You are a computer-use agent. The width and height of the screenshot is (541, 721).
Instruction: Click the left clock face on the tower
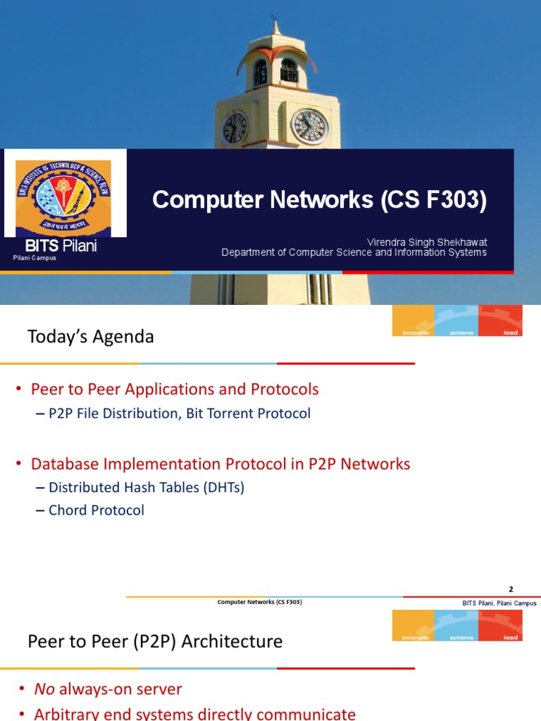pos(234,127)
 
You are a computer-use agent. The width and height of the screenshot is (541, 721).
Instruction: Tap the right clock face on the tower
pos(309,127)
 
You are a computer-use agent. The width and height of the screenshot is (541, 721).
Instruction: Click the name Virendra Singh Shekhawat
pos(427,242)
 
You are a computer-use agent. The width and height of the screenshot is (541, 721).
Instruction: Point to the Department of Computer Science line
pos(354,253)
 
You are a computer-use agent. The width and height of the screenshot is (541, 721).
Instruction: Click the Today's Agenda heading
pos(90,337)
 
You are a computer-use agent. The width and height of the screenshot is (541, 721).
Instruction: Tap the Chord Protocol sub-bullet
pos(96,510)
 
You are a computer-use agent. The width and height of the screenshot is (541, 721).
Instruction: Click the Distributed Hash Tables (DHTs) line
pos(146,487)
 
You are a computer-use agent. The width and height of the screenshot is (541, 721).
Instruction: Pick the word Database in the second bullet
pos(66,464)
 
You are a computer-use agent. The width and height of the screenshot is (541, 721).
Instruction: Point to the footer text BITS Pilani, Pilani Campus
pos(499,603)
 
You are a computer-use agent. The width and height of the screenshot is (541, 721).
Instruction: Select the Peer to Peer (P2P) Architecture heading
pos(155,641)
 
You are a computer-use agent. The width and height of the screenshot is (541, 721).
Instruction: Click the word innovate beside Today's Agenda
pos(416,332)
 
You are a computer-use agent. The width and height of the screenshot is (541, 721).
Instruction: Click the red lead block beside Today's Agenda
pos(501,320)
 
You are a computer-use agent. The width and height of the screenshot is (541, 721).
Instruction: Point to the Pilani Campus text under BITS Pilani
pos(35,258)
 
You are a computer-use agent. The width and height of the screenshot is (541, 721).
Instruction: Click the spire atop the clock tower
pos(276,27)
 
